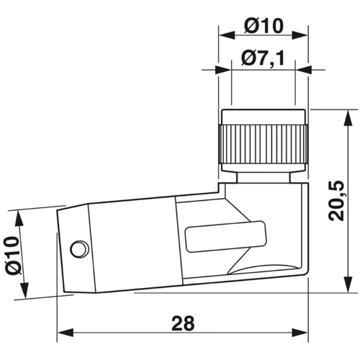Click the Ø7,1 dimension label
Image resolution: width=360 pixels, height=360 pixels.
[263, 59]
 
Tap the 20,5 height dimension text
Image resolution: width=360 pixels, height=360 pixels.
[336, 201]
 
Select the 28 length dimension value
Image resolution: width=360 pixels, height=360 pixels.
[183, 323]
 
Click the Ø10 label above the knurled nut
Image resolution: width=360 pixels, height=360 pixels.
[264, 26]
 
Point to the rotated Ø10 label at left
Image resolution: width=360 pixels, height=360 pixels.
[13, 256]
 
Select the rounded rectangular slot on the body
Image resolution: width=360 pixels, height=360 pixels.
[226, 236]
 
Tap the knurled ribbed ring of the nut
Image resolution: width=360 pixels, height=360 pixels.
[263, 144]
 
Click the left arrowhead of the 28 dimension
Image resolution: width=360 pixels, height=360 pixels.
[66, 333]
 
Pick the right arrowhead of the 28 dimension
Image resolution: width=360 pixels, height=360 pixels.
[300, 333]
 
